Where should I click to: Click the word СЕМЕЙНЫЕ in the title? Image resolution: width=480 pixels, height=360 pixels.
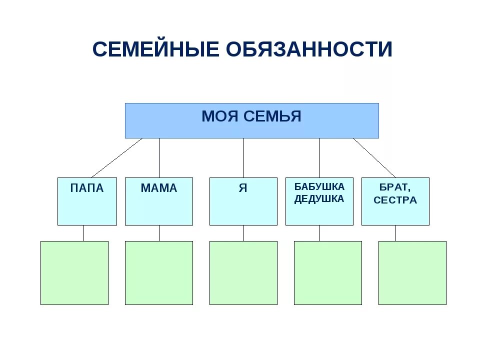[156, 49]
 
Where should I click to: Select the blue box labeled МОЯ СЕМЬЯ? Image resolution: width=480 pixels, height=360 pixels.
[251, 120]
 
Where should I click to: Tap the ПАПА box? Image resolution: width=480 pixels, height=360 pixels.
[87, 201]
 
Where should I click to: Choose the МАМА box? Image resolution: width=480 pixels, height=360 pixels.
[158, 201]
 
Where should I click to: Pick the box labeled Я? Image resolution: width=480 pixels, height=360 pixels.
[243, 201]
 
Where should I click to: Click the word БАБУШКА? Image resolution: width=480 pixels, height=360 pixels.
[319, 186]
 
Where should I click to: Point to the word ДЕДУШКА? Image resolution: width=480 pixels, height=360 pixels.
[319, 199]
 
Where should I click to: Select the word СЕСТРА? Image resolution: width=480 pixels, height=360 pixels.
[395, 200]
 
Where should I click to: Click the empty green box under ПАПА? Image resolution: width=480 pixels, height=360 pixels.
[74, 273]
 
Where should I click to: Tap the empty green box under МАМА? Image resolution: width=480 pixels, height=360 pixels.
[158, 273]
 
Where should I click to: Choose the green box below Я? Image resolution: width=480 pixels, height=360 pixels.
[243, 273]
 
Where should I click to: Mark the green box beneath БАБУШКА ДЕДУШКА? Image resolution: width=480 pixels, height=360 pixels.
[327, 273]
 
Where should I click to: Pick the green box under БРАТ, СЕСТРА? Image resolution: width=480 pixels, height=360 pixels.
[412, 273]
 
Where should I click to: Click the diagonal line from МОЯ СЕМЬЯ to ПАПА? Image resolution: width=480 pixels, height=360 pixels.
[116, 158]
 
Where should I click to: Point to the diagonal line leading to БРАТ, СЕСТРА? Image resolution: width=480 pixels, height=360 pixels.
[374, 158]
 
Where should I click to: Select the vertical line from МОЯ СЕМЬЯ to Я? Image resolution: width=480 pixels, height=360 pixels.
[244, 158]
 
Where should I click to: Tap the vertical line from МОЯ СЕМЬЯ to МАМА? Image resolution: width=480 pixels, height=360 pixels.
[159, 158]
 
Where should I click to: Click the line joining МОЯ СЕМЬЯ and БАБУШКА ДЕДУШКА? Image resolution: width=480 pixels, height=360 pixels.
[320, 158]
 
